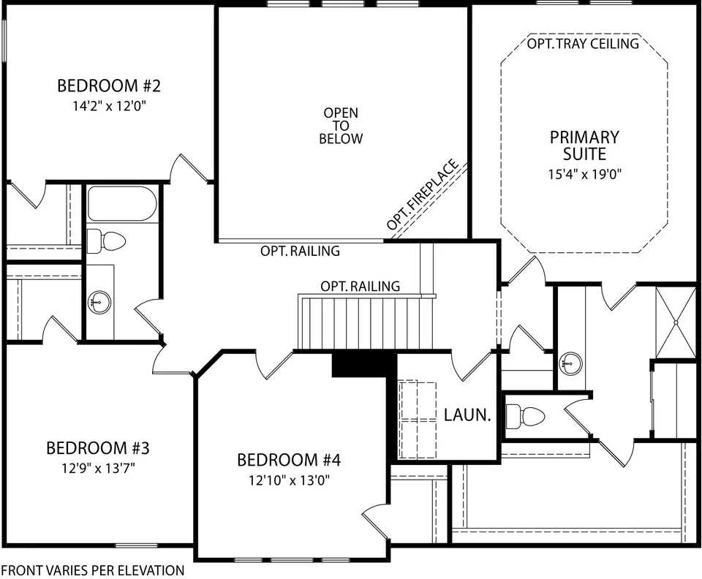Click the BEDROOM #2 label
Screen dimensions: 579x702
pyautogui.click(x=108, y=86)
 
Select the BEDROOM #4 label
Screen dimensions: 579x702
pyautogui.click(x=289, y=461)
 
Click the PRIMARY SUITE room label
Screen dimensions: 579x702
pyautogui.click(x=584, y=145)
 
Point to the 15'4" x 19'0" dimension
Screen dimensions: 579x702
pyautogui.click(x=584, y=174)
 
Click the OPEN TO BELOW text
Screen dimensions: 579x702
pyautogui.click(x=341, y=126)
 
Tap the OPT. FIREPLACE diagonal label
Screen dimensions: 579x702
pyautogui.click(x=423, y=197)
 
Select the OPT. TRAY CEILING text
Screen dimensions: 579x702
pyautogui.click(x=583, y=44)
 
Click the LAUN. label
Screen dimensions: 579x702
pyautogui.click(x=467, y=415)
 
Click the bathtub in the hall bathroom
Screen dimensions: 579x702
pyautogui.click(x=121, y=204)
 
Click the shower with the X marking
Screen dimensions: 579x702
pyautogui.click(x=675, y=321)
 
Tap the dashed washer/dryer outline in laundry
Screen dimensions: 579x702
pyautogui.click(x=416, y=419)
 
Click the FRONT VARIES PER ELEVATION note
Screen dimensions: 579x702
pyautogui.click(x=92, y=570)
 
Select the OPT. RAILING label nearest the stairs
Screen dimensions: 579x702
pyautogui.click(x=360, y=286)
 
